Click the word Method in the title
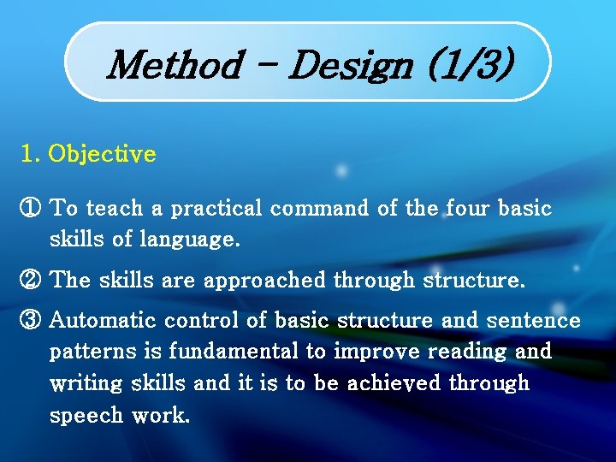pyautogui.click(x=175, y=64)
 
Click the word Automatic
pyautogui.click(x=104, y=322)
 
